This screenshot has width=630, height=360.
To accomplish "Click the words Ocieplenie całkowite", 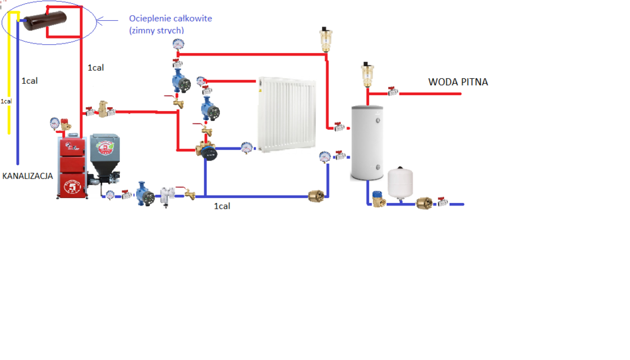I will coord(170,19).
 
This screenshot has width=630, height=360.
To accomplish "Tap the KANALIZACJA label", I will coord(27,176).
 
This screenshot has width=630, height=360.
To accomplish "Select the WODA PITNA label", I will coord(458,82).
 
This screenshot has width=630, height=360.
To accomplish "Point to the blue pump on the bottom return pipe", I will coord(144,193).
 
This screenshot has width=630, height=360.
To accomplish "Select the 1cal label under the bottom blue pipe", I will coord(222,206).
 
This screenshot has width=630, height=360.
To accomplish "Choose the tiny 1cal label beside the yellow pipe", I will coord(6,100).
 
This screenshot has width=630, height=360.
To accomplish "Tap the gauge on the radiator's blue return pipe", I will coord(247,146).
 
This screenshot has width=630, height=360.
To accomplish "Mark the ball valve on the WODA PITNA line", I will coord(392,92).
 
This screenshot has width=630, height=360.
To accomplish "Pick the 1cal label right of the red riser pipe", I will coord(96,67).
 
